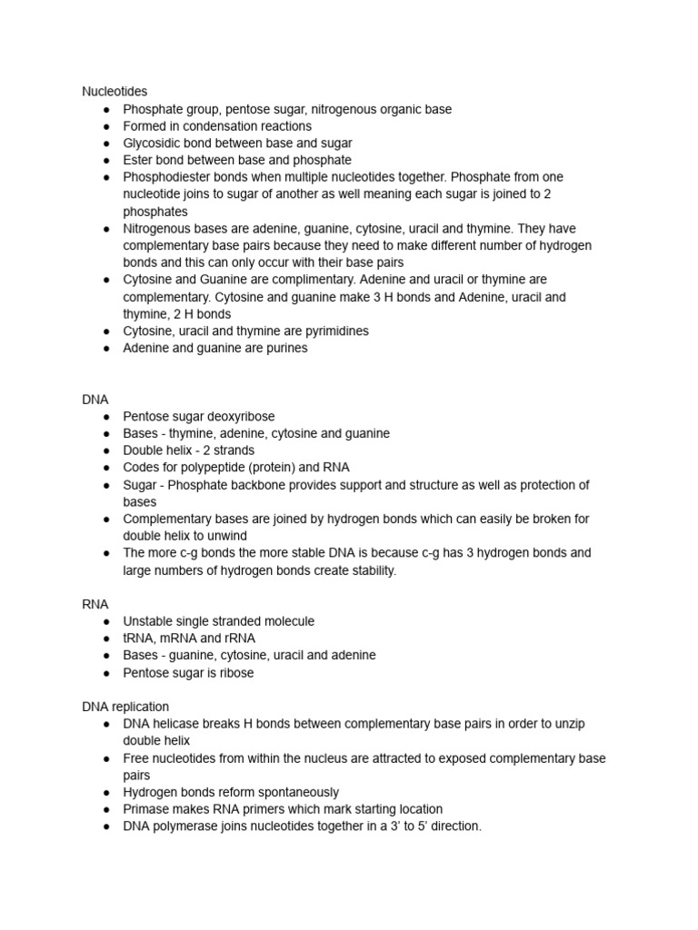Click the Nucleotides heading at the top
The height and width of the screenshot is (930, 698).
[x=115, y=92]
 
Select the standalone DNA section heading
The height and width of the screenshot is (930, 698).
[x=95, y=400]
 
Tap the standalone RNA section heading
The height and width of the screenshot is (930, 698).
[x=95, y=604]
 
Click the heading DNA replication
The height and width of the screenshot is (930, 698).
[x=125, y=707]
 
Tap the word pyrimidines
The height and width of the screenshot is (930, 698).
[x=331, y=331]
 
